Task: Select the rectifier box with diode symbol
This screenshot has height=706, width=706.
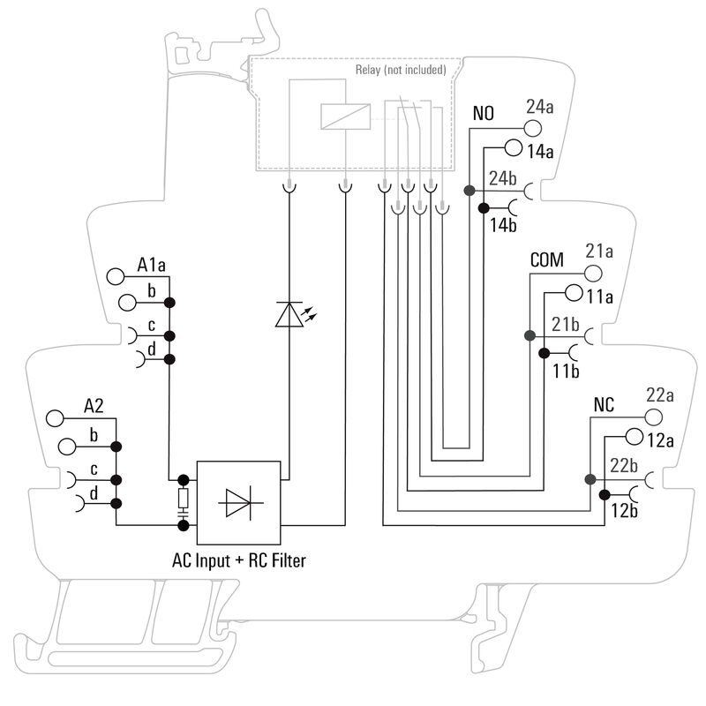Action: [x=238, y=502]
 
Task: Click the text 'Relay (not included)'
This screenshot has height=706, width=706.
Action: [x=401, y=70]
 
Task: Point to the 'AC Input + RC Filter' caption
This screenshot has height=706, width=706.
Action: [x=239, y=560]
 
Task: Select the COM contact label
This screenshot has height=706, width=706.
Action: [x=546, y=261]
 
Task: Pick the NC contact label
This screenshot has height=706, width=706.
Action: [x=605, y=407]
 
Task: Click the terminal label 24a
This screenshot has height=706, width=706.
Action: [x=539, y=108]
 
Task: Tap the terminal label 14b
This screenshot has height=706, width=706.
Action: [x=502, y=224]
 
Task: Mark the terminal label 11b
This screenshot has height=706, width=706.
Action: [x=565, y=371]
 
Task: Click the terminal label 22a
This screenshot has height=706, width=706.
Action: [x=660, y=394]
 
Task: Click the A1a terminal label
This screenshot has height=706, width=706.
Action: [x=152, y=264]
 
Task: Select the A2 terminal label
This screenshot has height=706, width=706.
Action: [x=94, y=407]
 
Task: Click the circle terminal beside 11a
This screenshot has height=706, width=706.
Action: [x=573, y=293]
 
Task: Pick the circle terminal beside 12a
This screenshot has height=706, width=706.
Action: [x=633, y=437]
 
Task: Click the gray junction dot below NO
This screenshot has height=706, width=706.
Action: [x=470, y=191]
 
